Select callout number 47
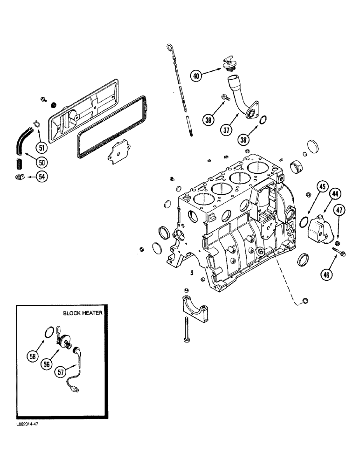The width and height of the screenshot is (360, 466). click(339, 210)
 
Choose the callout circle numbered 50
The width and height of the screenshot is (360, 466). click(42, 162)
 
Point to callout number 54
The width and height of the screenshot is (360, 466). click(42, 177)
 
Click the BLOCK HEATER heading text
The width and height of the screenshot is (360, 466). click(83, 314)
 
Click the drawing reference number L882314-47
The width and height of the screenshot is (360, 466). click(22, 425)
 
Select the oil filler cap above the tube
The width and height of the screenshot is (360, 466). click(228, 65)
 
